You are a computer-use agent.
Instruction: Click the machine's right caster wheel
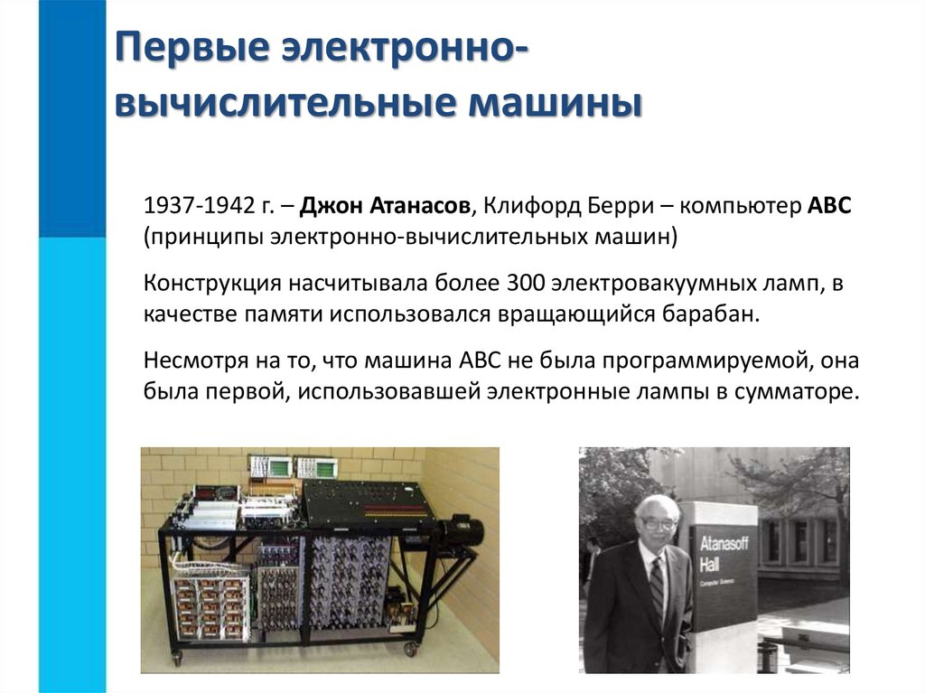click(411, 648)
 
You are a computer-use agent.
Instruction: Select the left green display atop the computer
click(270, 467)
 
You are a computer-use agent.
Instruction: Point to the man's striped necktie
click(657, 586)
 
